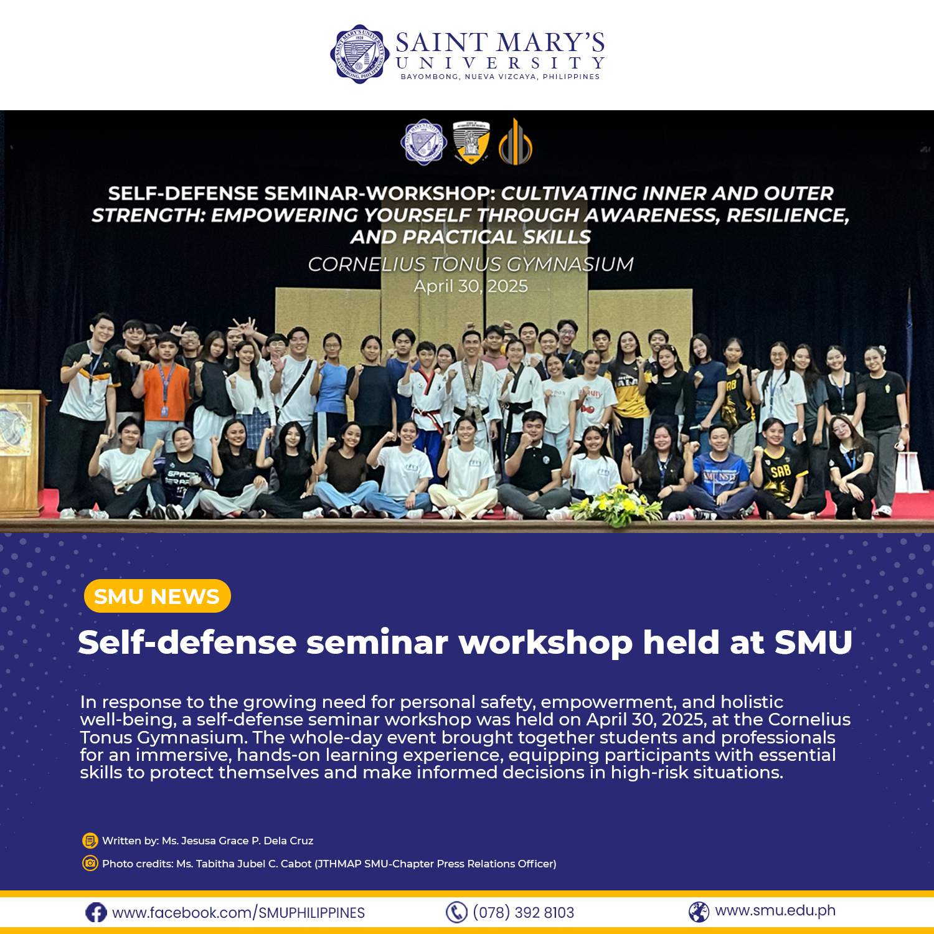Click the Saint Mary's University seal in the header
(x=359, y=54)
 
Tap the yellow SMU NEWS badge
(x=157, y=596)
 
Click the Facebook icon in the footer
(x=96, y=913)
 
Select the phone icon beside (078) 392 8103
(x=456, y=912)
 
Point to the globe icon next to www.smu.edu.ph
(x=699, y=912)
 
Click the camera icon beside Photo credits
(x=90, y=864)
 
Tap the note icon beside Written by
(x=90, y=841)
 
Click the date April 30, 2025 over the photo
(x=471, y=286)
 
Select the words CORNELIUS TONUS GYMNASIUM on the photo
(x=471, y=265)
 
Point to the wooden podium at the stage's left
(x=22, y=448)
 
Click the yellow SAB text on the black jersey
(x=781, y=471)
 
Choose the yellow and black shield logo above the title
(x=471, y=143)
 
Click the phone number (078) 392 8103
(x=523, y=913)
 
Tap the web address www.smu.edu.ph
(x=775, y=910)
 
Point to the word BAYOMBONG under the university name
(x=429, y=77)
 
